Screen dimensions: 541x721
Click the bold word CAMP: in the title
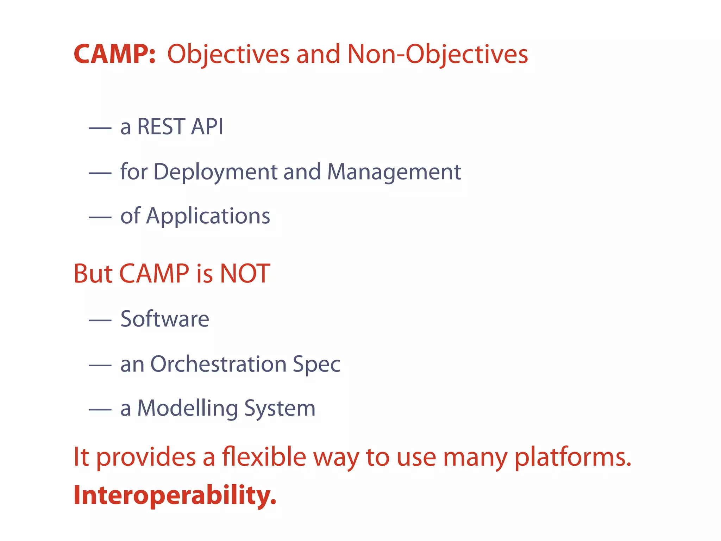point(114,55)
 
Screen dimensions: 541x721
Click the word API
point(207,126)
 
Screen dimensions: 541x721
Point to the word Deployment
point(215,172)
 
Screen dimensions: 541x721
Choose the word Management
point(394,172)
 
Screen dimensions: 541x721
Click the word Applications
point(208,216)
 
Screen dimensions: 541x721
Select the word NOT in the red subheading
point(245,274)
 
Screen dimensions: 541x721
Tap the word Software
point(165,319)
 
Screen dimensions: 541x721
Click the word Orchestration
point(218,364)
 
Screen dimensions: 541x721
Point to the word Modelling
point(187,409)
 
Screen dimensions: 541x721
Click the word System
point(280,409)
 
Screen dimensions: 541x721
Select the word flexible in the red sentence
point(264,457)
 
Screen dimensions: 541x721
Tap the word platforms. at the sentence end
point(573,458)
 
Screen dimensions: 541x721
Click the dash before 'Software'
point(100,321)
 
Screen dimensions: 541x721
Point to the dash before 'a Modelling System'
point(100,410)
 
